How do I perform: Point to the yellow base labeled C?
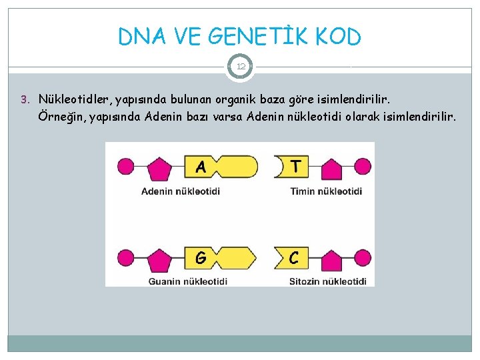point(291,257)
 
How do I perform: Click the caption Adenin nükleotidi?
point(181,191)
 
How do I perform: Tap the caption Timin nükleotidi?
point(326,191)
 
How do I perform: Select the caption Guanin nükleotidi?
point(187,281)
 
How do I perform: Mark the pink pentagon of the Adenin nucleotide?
point(158,168)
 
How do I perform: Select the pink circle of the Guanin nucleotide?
point(125,257)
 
